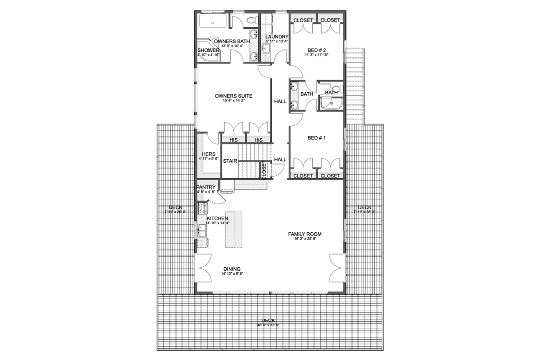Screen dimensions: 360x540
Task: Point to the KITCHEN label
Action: click(x=217, y=218)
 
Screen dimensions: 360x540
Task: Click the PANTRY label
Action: click(x=206, y=187)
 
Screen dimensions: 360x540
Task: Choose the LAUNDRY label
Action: click(x=277, y=37)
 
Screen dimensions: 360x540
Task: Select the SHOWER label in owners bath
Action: click(x=208, y=51)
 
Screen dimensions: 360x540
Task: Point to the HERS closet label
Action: click(x=209, y=154)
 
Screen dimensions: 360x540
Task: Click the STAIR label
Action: click(x=230, y=161)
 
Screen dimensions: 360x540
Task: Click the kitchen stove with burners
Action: click(x=202, y=208)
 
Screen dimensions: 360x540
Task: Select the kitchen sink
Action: click(x=201, y=231)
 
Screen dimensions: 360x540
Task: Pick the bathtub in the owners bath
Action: click(x=213, y=21)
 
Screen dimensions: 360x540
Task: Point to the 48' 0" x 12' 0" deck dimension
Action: click(x=268, y=325)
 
